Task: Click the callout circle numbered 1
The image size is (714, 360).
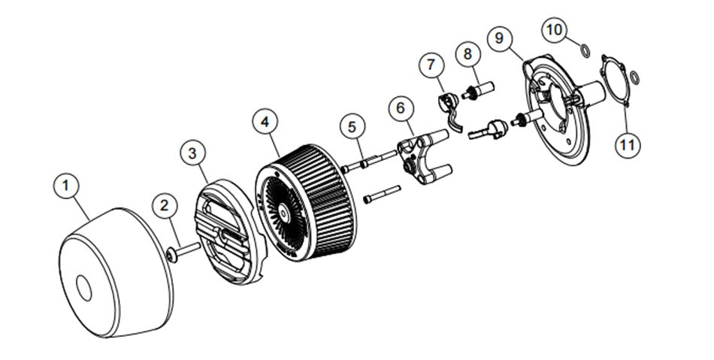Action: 66,186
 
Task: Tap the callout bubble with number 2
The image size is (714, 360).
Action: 165,206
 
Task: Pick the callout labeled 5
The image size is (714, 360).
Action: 352,128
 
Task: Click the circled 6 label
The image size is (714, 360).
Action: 401,108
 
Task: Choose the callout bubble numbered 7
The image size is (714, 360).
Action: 431,65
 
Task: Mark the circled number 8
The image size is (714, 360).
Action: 468,54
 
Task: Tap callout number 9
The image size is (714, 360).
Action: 500,38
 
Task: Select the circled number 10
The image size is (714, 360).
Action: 555,30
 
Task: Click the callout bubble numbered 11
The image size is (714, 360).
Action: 628,145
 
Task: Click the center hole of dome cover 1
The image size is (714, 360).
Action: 83,288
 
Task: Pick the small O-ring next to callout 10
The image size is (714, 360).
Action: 585,50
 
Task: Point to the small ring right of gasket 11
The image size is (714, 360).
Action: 634,77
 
